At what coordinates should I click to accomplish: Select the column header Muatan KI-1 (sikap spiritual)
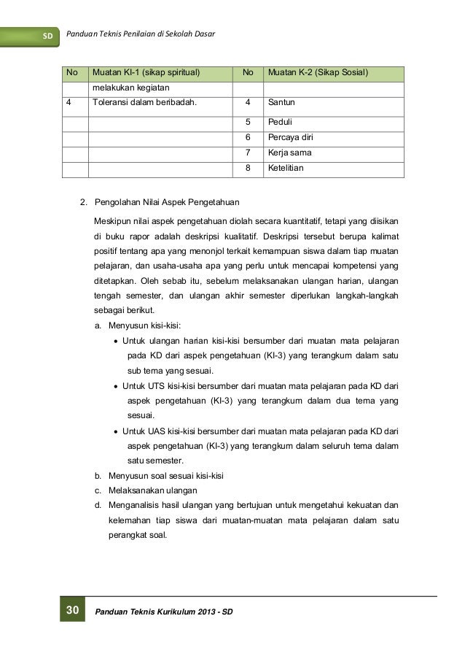tap(144, 73)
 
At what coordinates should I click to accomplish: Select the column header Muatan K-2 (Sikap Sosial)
tap(319, 73)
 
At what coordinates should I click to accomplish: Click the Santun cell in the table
tap(281, 103)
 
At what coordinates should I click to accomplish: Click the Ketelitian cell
tap(286, 169)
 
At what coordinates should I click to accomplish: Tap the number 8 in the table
tap(248, 169)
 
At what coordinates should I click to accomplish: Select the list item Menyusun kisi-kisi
tap(144, 325)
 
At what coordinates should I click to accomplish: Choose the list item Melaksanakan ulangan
tap(152, 490)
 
